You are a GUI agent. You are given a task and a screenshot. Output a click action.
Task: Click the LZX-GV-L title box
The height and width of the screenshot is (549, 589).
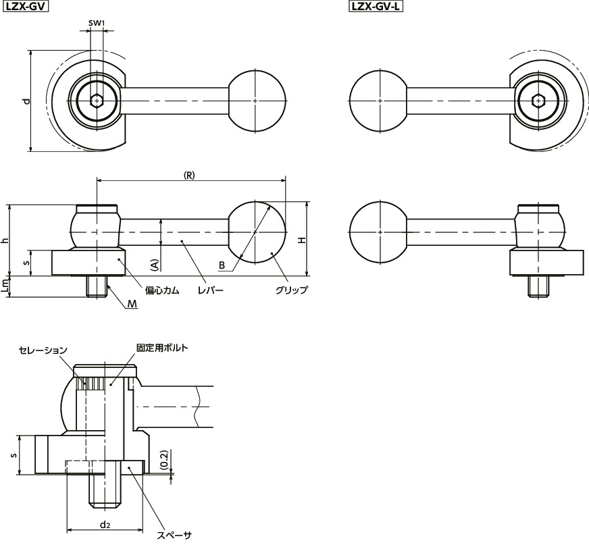click(371, 7)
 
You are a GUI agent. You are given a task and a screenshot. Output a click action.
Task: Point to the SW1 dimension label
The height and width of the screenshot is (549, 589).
click(97, 24)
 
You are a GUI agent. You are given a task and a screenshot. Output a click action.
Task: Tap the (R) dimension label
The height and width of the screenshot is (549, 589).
click(189, 174)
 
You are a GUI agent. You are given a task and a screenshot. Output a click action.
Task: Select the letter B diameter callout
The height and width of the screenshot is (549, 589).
click(221, 265)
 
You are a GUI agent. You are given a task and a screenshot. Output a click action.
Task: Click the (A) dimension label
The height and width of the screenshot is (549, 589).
click(154, 264)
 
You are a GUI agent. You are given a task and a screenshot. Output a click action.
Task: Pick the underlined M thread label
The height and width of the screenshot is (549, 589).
click(132, 304)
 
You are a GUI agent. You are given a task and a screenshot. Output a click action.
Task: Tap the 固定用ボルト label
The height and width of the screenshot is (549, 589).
click(161, 348)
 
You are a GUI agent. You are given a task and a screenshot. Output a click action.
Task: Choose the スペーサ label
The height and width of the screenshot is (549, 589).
click(174, 535)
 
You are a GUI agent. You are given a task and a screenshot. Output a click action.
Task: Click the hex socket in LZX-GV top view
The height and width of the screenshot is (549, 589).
click(97, 101)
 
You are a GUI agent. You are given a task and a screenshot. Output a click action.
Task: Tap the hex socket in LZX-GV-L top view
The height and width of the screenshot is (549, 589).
click(538, 101)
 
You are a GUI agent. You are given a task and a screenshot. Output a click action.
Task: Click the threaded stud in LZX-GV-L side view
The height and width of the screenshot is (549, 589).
click(538, 286)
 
